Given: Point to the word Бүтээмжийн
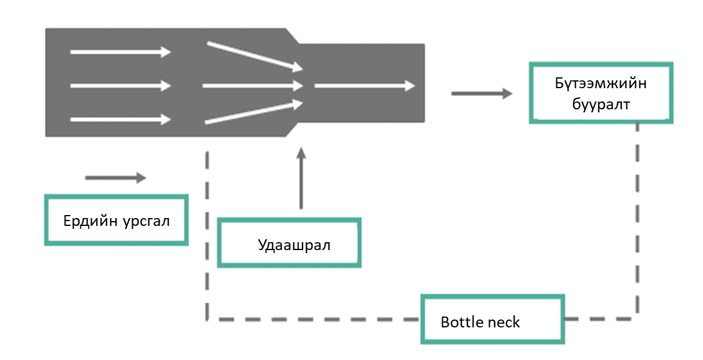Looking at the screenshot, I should pyautogui.click(x=600, y=83).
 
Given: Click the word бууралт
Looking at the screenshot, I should pyautogui.click(x=600, y=104).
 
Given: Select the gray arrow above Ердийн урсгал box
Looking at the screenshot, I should pyautogui.click(x=115, y=178).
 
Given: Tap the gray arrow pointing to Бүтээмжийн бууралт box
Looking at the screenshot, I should pyautogui.click(x=481, y=94).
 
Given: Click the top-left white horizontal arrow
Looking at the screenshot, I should pyautogui.click(x=120, y=53).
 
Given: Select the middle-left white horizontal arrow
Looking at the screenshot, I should pyautogui.click(x=120, y=86).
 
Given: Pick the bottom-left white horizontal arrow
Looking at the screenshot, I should pyautogui.click(x=120, y=120).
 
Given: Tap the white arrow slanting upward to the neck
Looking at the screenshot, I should pyautogui.click(x=254, y=112).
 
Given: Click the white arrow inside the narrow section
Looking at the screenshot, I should pyautogui.click(x=365, y=86).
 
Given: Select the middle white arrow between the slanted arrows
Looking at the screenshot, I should pyautogui.click(x=252, y=86).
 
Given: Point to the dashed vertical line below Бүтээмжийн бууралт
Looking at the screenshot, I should pyautogui.click(x=638, y=217).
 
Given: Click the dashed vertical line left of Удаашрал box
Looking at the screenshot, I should pyautogui.click(x=207, y=236).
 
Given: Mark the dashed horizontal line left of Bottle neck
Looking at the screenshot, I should pyautogui.click(x=314, y=318).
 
